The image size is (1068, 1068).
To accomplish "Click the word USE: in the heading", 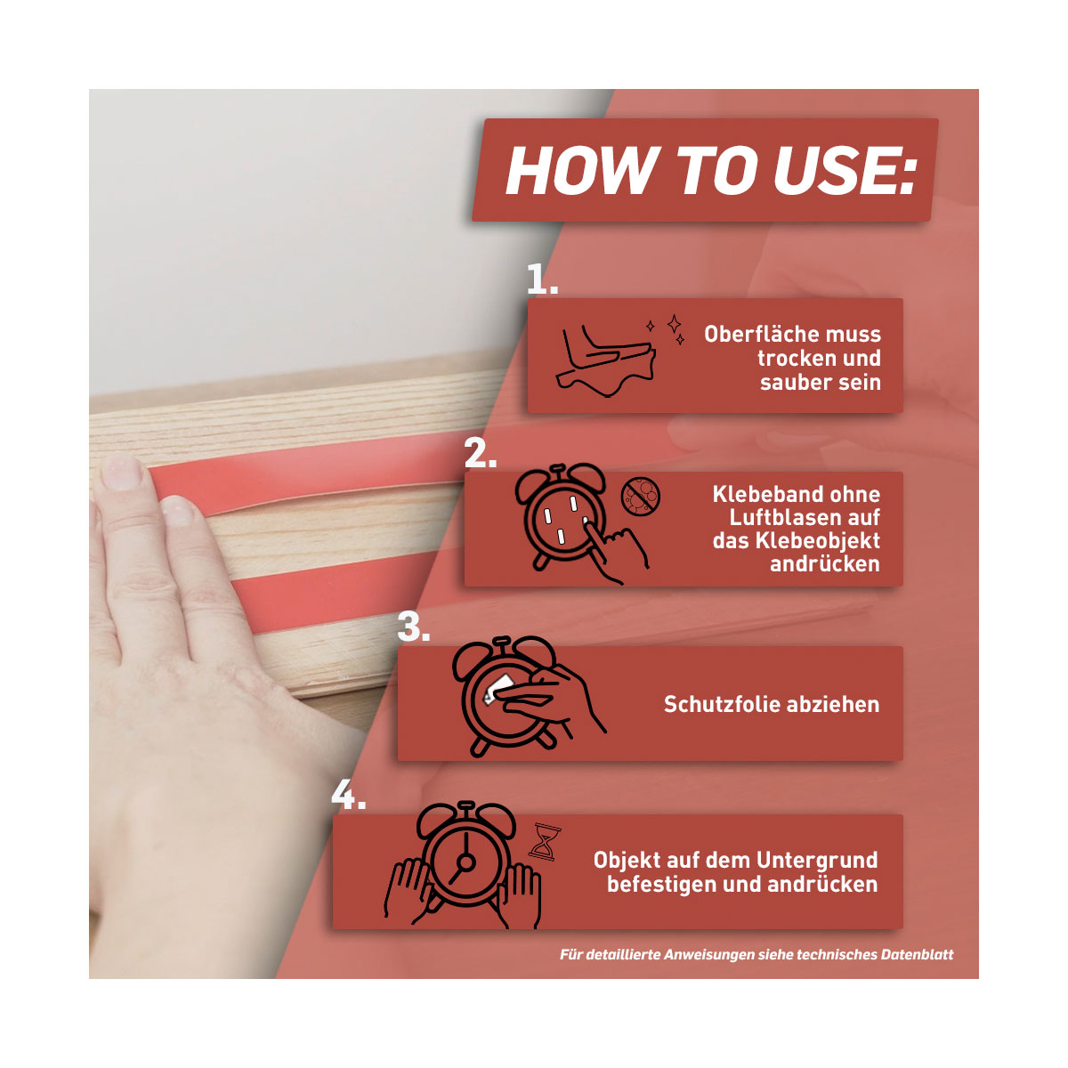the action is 845,171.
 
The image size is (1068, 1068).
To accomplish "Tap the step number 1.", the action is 541,279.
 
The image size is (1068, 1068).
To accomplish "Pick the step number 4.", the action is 348,795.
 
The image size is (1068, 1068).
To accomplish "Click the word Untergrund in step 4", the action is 818,860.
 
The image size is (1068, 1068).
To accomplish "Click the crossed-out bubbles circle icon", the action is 640,497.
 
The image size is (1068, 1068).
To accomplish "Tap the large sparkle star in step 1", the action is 674,323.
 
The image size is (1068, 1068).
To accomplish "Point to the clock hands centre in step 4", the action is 466,862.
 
